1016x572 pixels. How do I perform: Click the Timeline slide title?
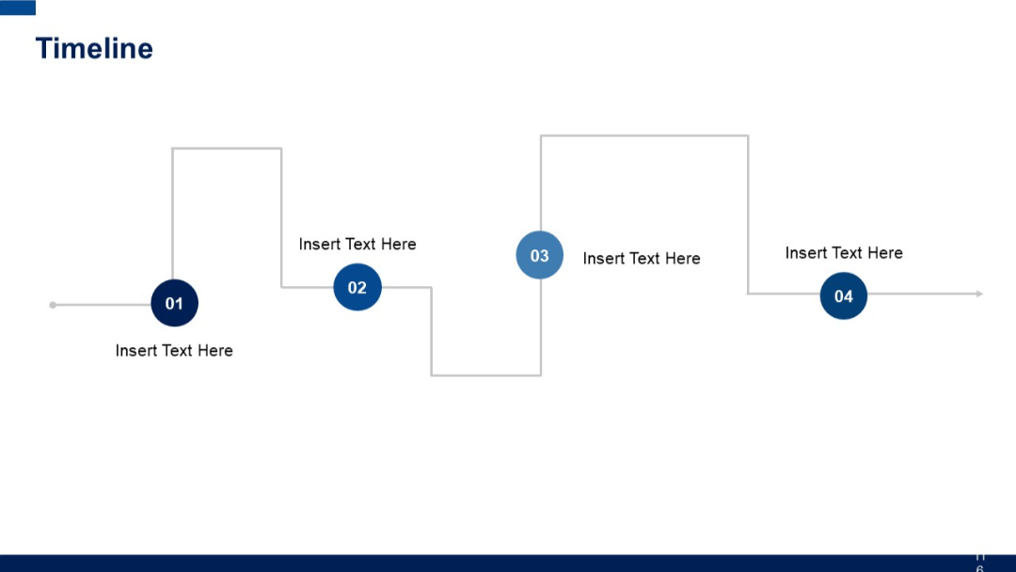click(x=94, y=49)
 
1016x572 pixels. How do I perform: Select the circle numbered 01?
click(x=174, y=304)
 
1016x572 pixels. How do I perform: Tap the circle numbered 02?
click(x=357, y=287)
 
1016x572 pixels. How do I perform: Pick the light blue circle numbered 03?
click(x=540, y=255)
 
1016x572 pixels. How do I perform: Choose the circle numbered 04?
click(x=843, y=295)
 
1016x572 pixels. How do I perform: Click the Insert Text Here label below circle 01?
click(x=174, y=351)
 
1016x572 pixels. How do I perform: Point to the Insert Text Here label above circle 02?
click(x=357, y=245)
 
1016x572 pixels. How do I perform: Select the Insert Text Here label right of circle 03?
click(x=642, y=259)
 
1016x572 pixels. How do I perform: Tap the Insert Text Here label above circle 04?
click(x=844, y=253)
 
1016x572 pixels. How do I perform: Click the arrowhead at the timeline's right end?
click(x=979, y=294)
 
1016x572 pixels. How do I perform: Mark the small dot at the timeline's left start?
click(x=53, y=305)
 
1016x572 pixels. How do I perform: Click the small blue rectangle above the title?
click(x=18, y=8)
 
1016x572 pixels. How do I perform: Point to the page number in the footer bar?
click(x=979, y=563)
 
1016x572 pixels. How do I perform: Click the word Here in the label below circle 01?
click(x=215, y=351)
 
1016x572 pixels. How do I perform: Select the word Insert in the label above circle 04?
click(x=805, y=253)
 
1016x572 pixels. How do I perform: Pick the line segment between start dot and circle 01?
click(x=102, y=305)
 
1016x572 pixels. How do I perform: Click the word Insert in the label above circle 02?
click(x=319, y=245)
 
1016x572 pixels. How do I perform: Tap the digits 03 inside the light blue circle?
click(x=540, y=256)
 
